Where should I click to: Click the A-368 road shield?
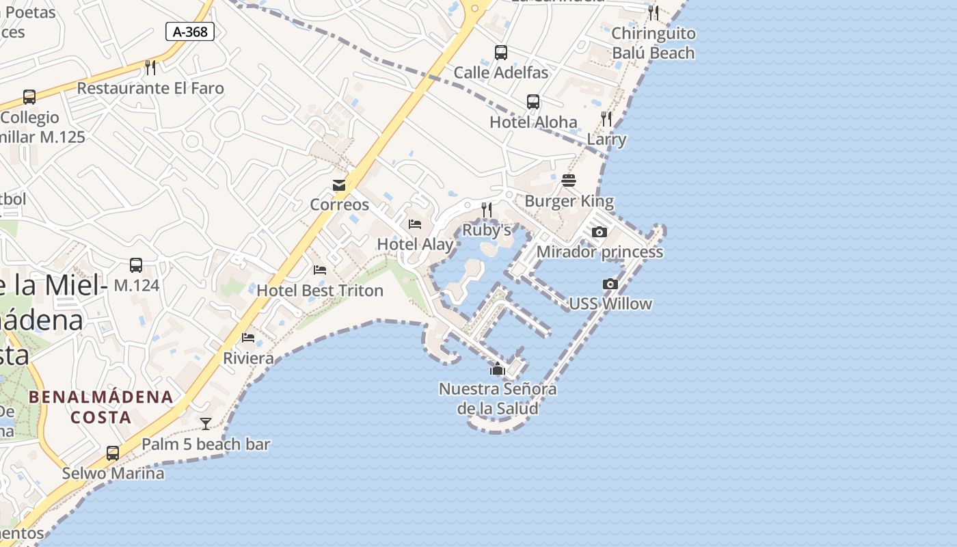coord(190,31)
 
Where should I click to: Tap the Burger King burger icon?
coord(569,181)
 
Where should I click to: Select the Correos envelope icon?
coord(339,185)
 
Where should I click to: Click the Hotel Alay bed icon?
coord(415,224)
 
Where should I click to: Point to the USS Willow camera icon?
coord(610,284)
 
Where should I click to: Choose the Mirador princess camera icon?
coord(599,232)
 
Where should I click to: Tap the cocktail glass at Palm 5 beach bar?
coord(206,424)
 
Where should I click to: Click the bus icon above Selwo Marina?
coord(113,453)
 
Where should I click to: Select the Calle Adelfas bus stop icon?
coord(501,52)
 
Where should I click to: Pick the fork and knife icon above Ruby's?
coord(487,209)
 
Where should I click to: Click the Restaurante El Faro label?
coord(150,88)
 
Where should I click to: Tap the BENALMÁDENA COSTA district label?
coord(100,407)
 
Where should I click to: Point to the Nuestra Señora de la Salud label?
coord(498,399)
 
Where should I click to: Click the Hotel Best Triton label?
coord(320,291)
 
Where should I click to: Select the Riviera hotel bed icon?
coord(248,338)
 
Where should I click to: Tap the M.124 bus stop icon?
coord(136,265)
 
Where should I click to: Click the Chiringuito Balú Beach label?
coord(653,43)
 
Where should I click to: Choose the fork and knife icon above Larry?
coord(606,119)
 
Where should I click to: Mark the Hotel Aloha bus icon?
coord(533,102)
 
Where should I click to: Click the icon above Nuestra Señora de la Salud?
coord(497,370)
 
